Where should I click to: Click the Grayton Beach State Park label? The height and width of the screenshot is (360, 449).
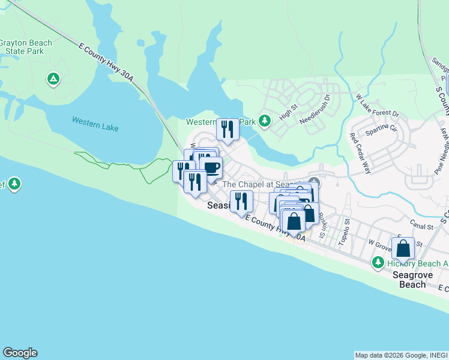[x=25, y=47]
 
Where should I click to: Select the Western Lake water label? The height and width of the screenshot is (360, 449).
[x=95, y=124]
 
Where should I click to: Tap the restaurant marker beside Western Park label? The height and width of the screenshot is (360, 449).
[x=228, y=129]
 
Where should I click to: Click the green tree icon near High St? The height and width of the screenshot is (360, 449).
[x=264, y=121]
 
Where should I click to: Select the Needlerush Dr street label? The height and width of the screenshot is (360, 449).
[x=316, y=109]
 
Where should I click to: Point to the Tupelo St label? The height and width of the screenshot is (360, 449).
[x=343, y=229]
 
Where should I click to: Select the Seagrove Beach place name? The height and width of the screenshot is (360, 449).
[x=412, y=279]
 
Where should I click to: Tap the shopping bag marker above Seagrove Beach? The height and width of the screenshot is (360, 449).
[x=403, y=248]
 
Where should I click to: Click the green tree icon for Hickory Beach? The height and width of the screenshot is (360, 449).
[x=378, y=262]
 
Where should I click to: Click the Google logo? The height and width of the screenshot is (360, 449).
[x=20, y=353]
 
